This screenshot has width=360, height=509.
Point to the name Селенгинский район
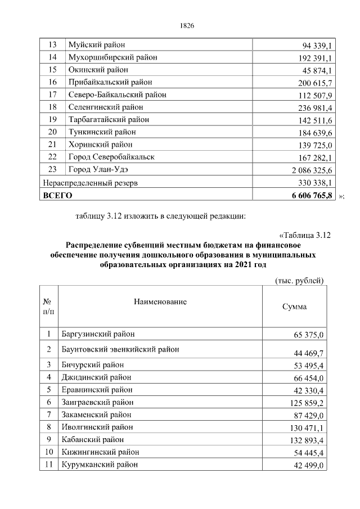105,107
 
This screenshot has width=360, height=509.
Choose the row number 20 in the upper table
53,132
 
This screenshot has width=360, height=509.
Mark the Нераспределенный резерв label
90,182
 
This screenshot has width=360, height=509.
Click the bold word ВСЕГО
58,195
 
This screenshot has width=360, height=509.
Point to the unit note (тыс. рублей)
298,280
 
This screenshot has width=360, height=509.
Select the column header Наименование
160,302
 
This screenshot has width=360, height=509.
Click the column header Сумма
294,307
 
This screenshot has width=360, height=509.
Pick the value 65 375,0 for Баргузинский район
309,335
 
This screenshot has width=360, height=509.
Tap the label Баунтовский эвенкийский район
121,349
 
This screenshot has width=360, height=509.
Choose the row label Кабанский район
96,439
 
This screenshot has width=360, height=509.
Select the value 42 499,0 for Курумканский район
309,465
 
